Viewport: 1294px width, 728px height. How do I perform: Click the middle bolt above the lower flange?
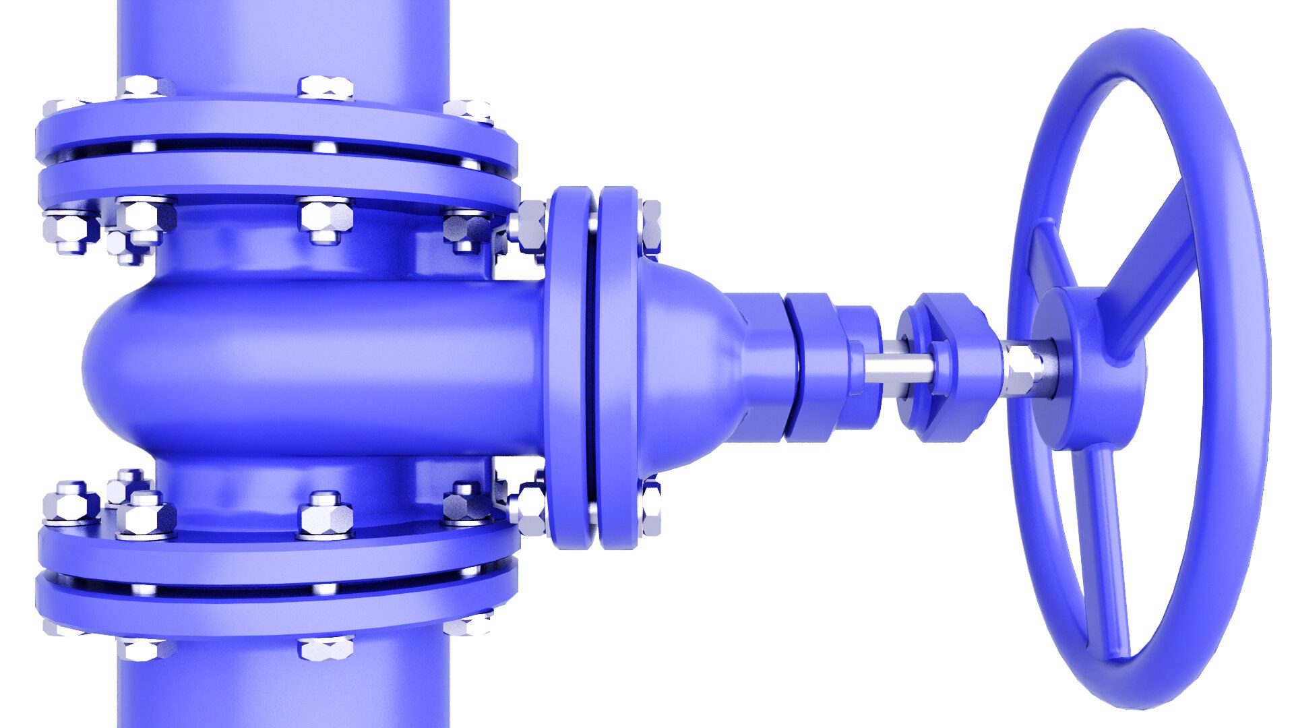(x=326, y=516)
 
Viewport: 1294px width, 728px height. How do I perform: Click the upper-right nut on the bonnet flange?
(x=650, y=226)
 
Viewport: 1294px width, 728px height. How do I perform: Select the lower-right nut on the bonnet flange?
(x=650, y=509)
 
